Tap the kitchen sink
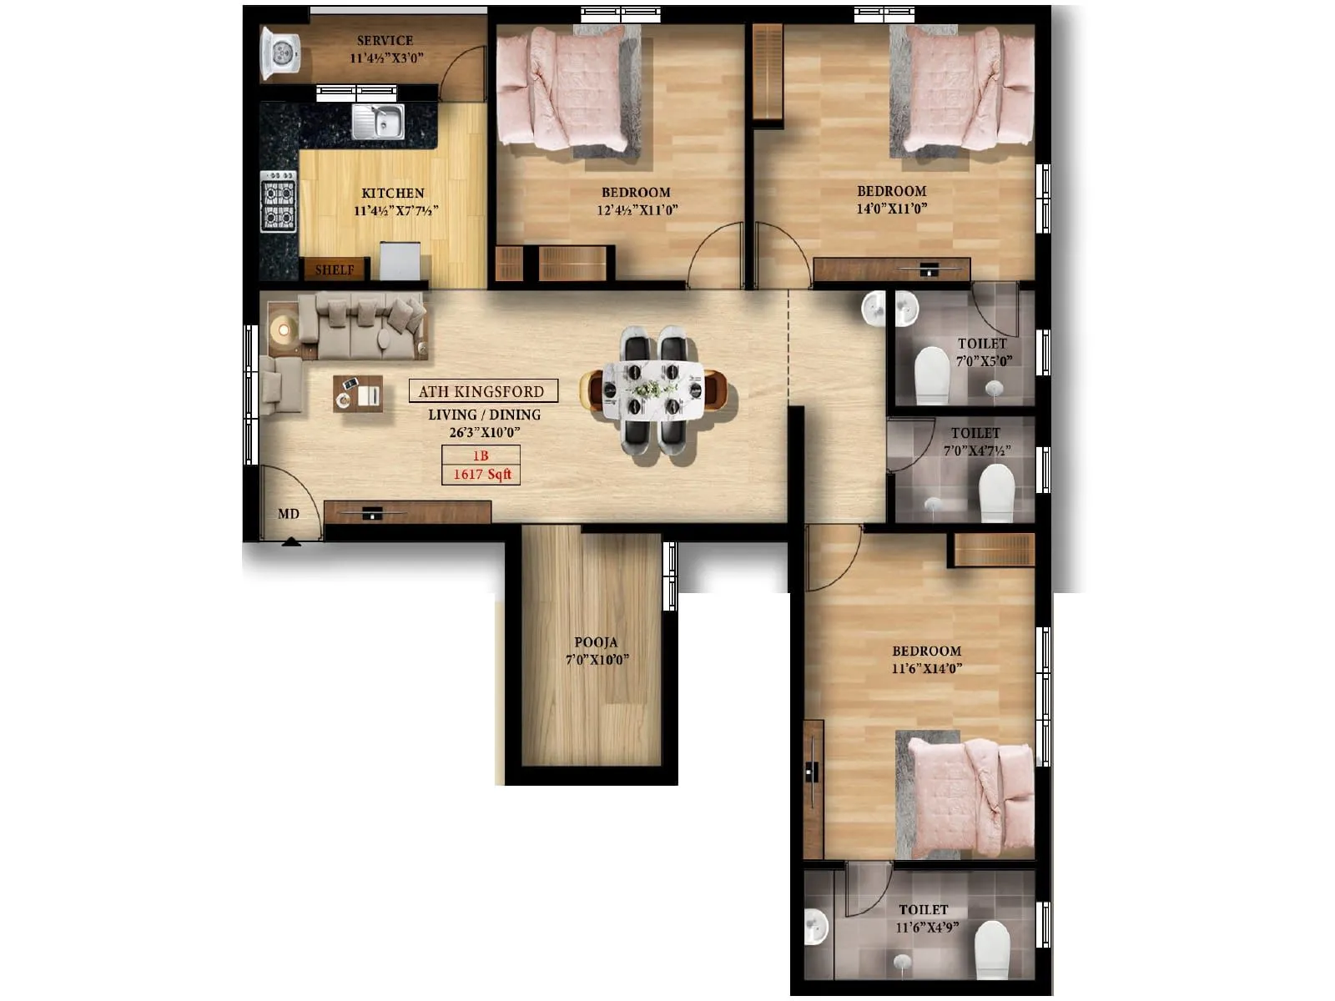378,122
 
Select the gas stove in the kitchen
278,202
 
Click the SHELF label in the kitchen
335,269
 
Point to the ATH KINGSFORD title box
481,391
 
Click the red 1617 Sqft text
481,475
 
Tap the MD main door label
289,514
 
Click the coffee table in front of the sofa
358,394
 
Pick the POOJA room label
596,642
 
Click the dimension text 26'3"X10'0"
485,432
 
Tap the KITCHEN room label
393,193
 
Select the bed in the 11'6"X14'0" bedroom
970,797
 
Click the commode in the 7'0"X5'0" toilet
932,375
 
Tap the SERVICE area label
385,40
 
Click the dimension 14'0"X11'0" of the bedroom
892,209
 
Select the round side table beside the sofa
284,330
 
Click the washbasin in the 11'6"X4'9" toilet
815,927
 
